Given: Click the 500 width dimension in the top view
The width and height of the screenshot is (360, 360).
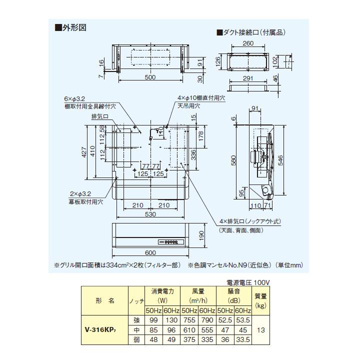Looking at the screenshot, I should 150,77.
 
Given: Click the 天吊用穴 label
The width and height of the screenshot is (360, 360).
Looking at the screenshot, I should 188,106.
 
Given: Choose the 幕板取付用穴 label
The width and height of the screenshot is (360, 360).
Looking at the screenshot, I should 85,201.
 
